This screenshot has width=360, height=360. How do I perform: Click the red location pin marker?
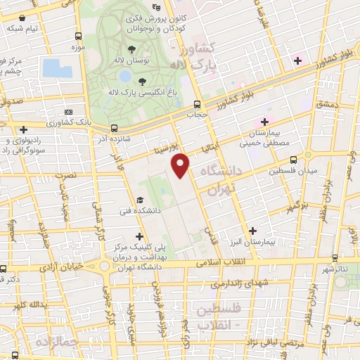click(181, 165)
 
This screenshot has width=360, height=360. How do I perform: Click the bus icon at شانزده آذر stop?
click(114, 128)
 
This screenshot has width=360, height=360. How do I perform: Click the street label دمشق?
click(328, 103)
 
